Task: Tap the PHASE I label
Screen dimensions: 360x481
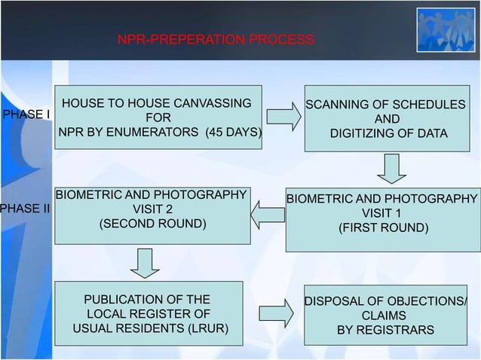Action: coord(27,114)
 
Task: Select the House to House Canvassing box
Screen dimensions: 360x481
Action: coord(158,117)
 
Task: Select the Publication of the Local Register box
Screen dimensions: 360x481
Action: coord(149,314)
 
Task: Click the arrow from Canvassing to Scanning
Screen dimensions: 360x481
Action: coord(283,117)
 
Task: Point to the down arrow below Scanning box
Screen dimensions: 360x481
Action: coord(391,168)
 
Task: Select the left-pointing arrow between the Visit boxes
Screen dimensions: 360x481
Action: coord(268,215)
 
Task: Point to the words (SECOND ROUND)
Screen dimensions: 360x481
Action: coord(152,224)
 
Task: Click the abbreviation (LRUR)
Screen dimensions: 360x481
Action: coord(206,330)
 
